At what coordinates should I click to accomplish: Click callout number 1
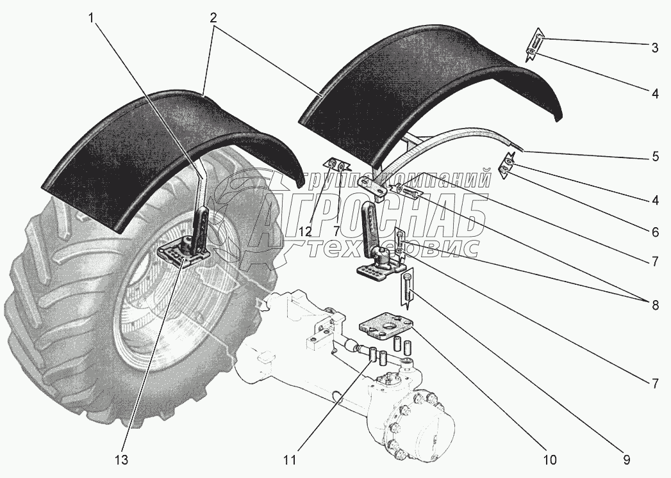pos(94,19)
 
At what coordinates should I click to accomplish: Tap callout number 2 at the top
pos(211,19)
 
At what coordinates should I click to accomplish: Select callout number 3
pos(654,47)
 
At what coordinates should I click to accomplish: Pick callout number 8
pos(654,305)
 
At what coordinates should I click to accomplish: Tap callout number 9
pos(626,459)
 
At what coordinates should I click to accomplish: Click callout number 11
pos(290,459)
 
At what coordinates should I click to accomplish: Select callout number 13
pos(122,459)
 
